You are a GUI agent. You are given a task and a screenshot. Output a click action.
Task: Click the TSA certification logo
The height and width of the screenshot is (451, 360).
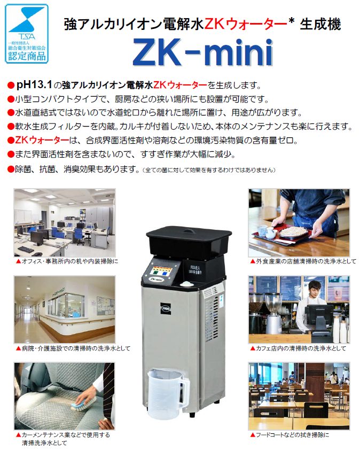coord(27,33)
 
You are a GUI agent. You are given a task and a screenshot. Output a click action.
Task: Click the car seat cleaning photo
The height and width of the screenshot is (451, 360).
coord(64,395)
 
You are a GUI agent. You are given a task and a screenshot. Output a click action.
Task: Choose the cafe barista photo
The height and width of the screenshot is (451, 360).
coord(299,308)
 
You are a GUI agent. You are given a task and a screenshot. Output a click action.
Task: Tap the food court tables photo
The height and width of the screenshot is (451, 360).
coord(299,395)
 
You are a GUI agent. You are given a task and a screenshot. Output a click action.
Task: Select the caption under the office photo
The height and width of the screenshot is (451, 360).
coord(67,262)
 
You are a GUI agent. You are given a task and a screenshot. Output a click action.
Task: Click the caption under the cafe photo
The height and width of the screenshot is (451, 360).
coord(301,348)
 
